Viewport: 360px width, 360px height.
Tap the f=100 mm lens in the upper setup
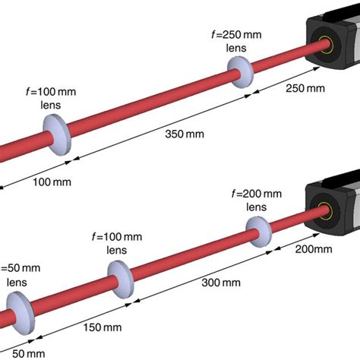pos(58,135)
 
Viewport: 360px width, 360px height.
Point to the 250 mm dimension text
pos(305,90)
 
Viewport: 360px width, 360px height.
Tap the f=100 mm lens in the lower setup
pos(121,280)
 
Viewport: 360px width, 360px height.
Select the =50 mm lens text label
pos(18,274)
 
